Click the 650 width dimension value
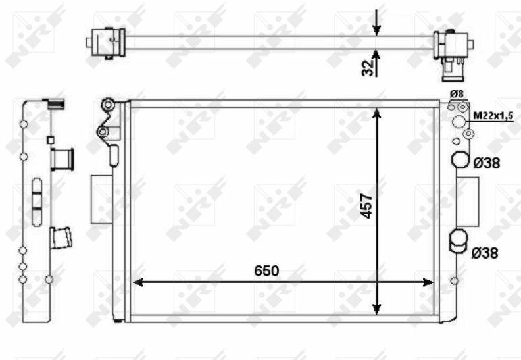click(266, 271)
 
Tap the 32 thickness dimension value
click(368, 68)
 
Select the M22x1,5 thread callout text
click(493, 116)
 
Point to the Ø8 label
click(457, 94)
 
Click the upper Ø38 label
click(486, 163)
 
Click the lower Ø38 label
click(485, 253)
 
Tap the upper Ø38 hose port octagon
click(460, 160)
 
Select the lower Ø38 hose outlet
click(459, 242)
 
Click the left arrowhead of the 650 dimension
click(137, 282)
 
